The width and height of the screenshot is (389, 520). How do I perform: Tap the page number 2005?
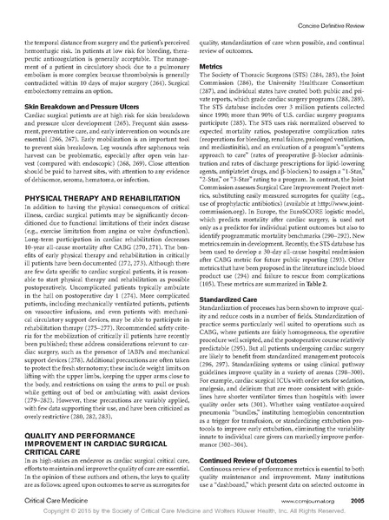[363, 500]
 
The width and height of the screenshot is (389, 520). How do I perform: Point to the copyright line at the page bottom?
[194, 513]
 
